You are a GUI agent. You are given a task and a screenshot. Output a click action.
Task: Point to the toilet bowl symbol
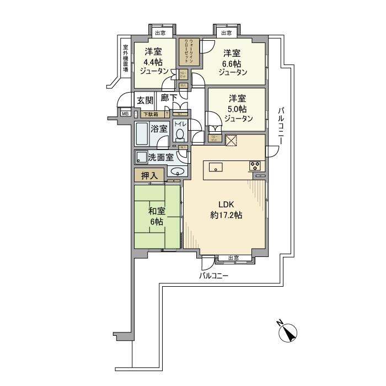click(180, 135)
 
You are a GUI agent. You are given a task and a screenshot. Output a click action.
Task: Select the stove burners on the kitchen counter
click(255, 165)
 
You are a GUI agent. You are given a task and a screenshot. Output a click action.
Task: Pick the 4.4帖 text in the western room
click(153, 62)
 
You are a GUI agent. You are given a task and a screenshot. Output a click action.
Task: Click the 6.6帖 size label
click(232, 63)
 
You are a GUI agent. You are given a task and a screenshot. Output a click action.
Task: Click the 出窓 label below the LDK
click(232, 258)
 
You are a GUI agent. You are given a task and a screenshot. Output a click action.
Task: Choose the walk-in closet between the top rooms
click(188, 51)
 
